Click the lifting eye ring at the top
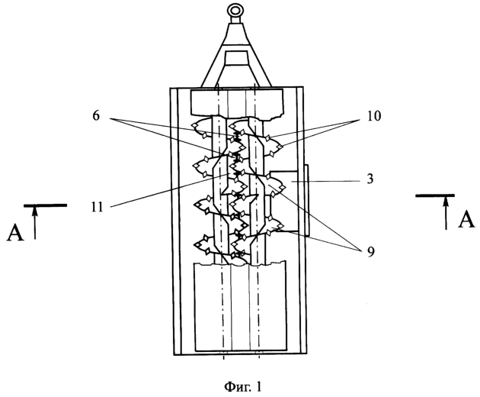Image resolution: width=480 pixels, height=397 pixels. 235,6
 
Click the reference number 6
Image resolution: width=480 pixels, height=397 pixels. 96,116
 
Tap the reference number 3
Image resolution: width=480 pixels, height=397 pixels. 370,179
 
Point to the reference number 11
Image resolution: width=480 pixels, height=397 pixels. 97,208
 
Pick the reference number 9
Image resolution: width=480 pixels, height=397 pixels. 371,252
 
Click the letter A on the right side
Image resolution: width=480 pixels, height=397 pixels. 466,220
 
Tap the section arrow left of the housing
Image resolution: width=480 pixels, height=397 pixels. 35,222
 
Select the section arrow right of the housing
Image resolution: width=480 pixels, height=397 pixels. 446,212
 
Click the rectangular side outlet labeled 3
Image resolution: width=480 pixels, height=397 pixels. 283,201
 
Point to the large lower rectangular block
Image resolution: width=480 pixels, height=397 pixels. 241,307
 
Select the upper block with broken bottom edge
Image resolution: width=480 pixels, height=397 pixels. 236,103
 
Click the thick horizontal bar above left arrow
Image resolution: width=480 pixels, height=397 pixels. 46,205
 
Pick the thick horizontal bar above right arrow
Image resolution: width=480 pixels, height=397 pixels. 435,195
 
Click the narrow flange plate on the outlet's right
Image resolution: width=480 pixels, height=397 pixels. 306,200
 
